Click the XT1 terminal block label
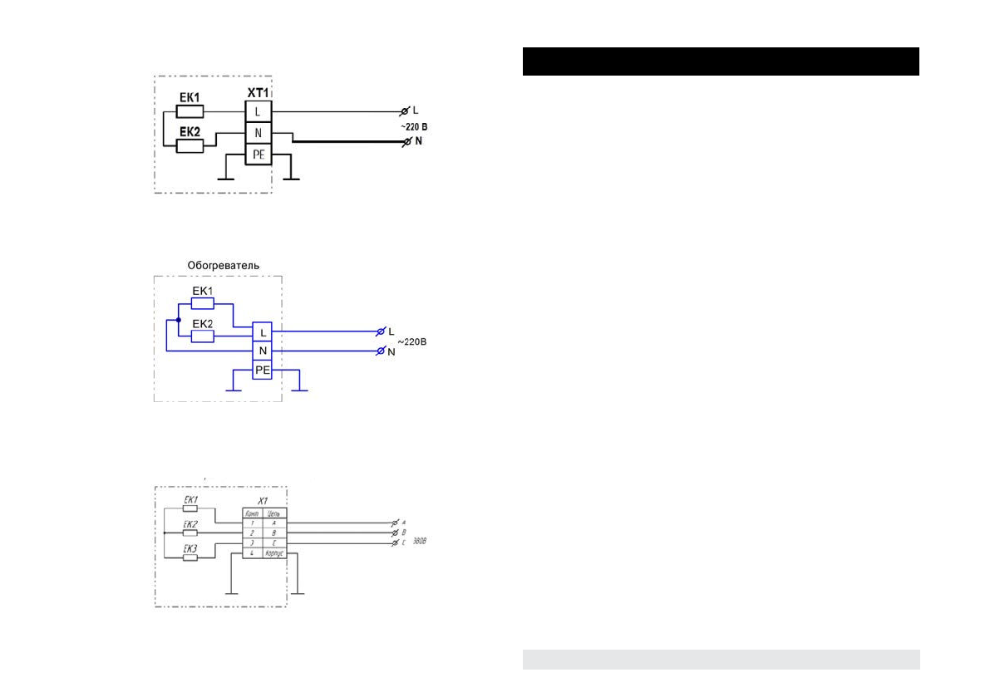point(259,94)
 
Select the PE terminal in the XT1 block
point(259,155)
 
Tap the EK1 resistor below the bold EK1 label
point(190,111)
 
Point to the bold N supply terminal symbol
point(406,143)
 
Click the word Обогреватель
point(224,265)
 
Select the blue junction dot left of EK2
point(178,319)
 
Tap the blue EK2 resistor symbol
point(203,336)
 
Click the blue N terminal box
point(263,351)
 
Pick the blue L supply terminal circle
point(382,332)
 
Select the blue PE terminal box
point(263,371)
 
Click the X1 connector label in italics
point(263,501)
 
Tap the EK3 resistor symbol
point(190,557)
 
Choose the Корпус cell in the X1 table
point(275,552)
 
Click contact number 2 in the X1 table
point(252,532)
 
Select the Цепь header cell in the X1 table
point(275,514)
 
